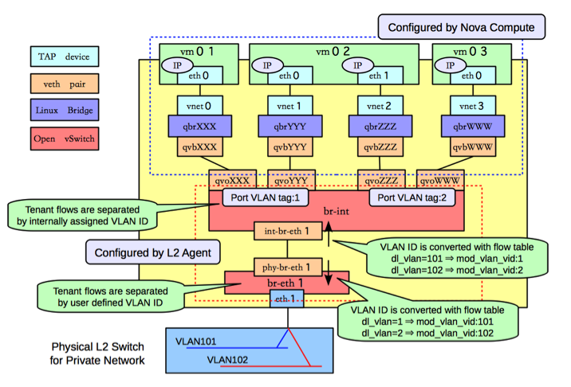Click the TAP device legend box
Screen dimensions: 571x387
(65, 57)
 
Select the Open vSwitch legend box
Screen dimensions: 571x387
(65, 139)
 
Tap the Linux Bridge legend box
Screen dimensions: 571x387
(65, 110)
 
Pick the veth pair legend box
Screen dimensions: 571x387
(65, 84)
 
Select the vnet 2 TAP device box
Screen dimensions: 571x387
(380, 106)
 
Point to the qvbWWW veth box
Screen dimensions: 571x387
(473, 147)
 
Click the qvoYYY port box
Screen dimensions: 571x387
(291, 180)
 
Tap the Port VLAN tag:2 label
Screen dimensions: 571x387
(412, 197)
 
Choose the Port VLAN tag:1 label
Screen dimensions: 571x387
(265, 197)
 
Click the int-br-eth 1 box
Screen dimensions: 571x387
(288, 231)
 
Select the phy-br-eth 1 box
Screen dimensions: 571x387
(288, 268)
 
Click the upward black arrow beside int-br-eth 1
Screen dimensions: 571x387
(329, 234)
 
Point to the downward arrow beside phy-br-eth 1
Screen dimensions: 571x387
(328, 272)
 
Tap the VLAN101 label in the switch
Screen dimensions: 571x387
(196, 342)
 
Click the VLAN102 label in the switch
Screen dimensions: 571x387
(227, 360)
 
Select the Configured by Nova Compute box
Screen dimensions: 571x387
(462, 27)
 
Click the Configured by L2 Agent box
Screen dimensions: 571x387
(153, 252)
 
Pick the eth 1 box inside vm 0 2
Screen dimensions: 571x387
(380, 76)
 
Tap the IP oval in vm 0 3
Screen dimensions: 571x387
(450, 65)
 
